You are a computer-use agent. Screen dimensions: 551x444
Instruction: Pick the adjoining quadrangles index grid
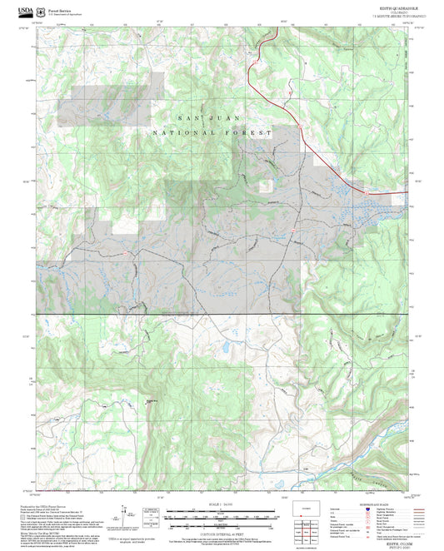pos(304,534)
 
